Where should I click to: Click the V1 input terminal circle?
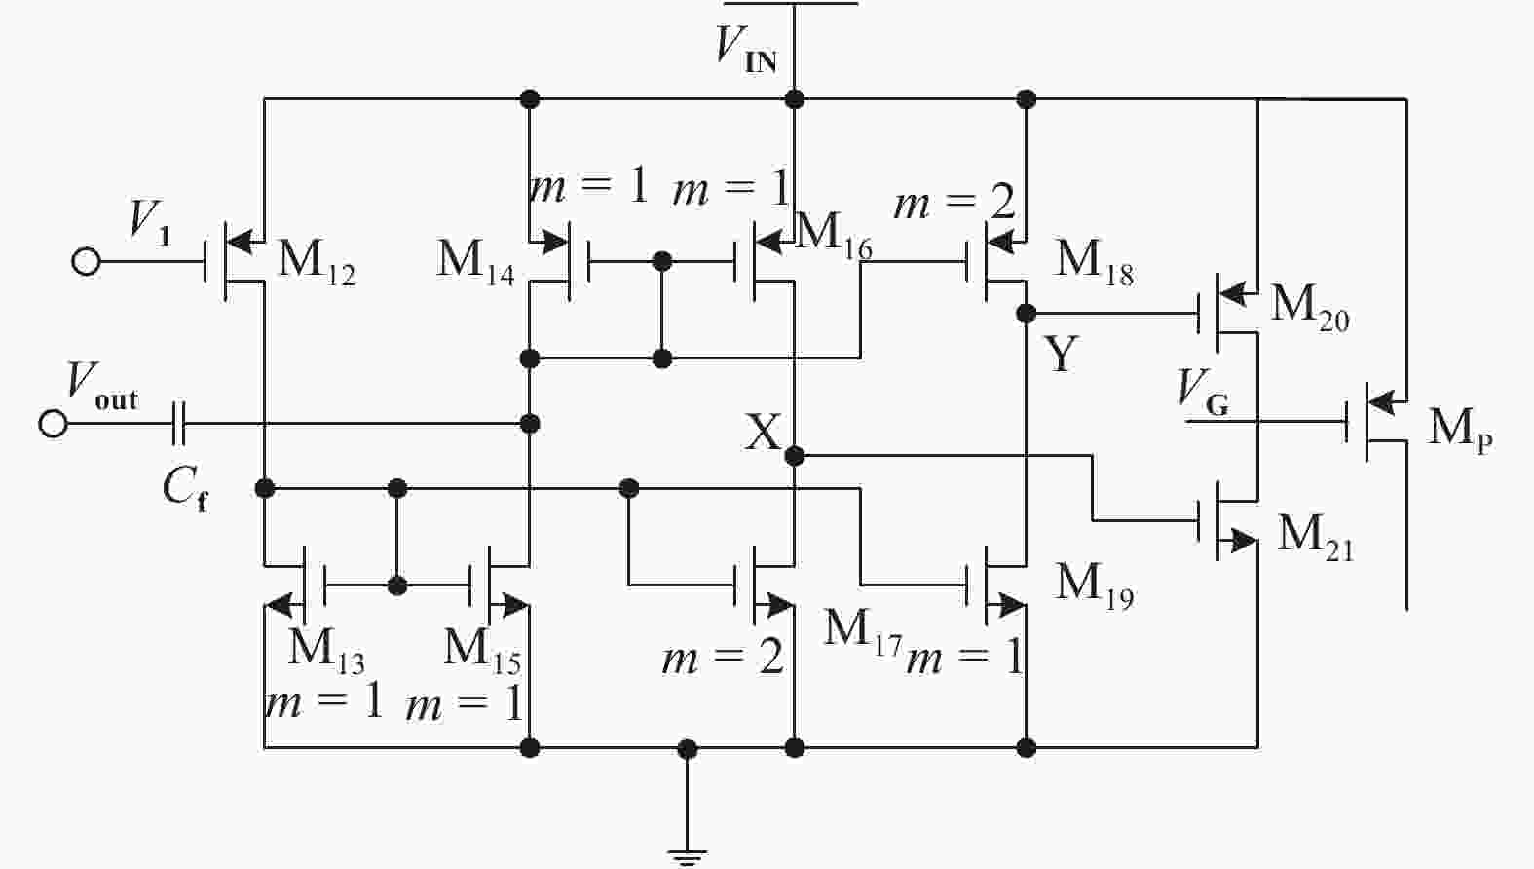pyautogui.click(x=86, y=262)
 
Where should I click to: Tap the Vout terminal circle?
pyautogui.click(x=53, y=424)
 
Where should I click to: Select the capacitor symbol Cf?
pyautogui.click(x=179, y=424)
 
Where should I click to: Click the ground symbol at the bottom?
pyautogui.click(x=688, y=855)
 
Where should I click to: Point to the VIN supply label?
pyautogui.click(x=746, y=47)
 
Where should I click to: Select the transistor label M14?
pyautogui.click(x=475, y=261)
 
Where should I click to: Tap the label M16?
pyautogui.click(x=834, y=234)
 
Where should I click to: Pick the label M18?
pyautogui.click(x=1095, y=261)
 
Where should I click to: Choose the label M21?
pyautogui.click(x=1315, y=536)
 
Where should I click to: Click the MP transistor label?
pyautogui.click(x=1459, y=429)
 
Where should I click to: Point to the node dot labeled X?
pyautogui.click(x=795, y=455)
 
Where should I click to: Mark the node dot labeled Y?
pyautogui.click(x=1026, y=314)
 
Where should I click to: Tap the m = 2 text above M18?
pyautogui.click(x=954, y=203)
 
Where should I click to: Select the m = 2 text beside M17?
pyautogui.click(x=723, y=659)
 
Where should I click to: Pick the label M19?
pyautogui.click(x=1095, y=585)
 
